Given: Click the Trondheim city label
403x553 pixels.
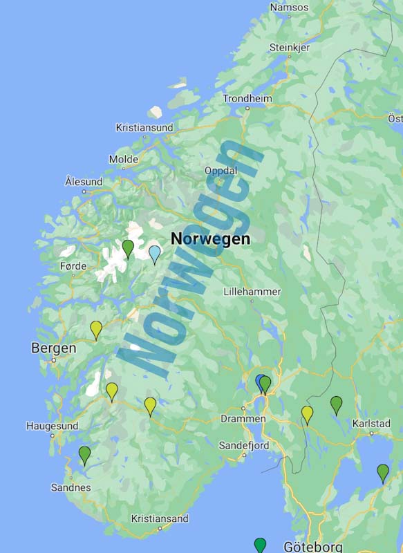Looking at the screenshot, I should click(247, 99).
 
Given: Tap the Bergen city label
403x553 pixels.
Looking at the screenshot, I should click(53, 348).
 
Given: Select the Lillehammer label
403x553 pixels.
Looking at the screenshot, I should click(252, 292).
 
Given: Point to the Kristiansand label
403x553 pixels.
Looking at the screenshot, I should click(160, 518).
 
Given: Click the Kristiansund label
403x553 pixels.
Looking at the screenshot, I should click(144, 128).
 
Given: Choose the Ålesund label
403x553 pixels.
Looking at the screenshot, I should click(84, 182).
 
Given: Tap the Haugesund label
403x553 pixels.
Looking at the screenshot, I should click(53, 427).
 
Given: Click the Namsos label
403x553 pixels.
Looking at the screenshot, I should click(290, 8).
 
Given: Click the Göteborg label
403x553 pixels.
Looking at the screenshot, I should click(312, 547).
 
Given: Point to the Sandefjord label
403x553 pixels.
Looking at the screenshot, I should click(244, 446).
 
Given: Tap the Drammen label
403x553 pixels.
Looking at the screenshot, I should click(243, 419).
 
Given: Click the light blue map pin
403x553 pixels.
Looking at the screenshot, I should click(155, 254).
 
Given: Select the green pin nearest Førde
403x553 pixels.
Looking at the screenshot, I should click(128, 247).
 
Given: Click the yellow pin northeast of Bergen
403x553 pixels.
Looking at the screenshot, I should click(96, 329).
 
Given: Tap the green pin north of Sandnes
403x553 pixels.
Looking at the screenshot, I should click(84, 454).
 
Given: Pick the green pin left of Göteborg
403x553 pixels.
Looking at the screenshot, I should click(260, 545).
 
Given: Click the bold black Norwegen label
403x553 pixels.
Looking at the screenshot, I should click(210, 239).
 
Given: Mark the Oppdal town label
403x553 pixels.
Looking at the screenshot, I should click(221, 171).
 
